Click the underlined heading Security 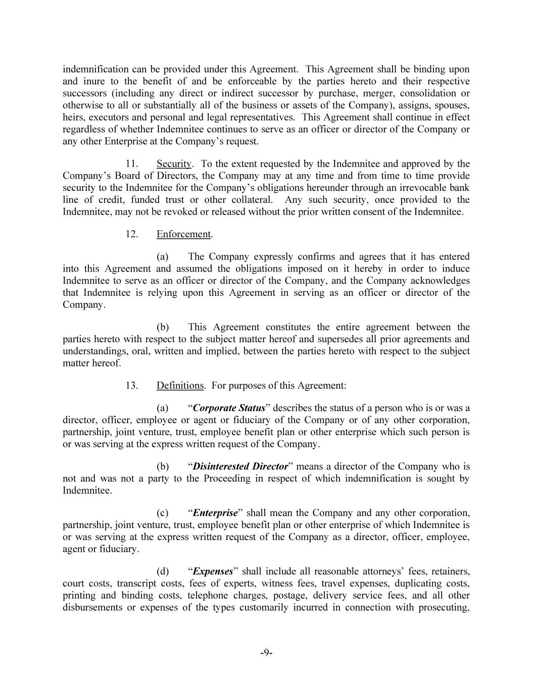click(x=174, y=164)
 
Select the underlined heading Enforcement click(x=183, y=234)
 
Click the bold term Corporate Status click(x=229, y=408)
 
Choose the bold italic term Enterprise click(x=215, y=513)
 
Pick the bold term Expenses click(x=213, y=571)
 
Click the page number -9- click(x=266, y=653)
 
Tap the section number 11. click(x=132, y=164)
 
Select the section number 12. click(x=132, y=234)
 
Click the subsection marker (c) click(x=162, y=513)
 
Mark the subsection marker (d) click(x=162, y=571)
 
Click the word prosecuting click(x=444, y=608)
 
